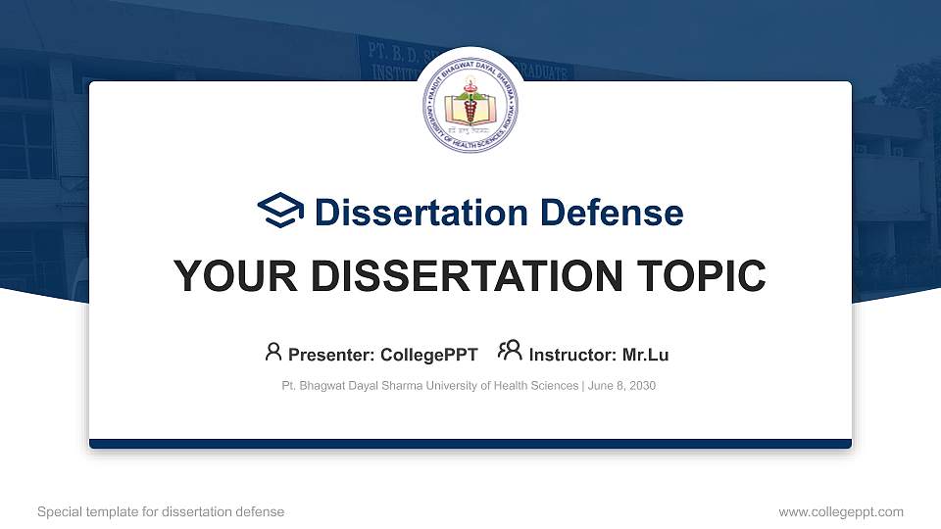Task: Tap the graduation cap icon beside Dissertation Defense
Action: [x=280, y=211]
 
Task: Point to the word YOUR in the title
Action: [x=224, y=277]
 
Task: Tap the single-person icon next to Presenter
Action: [x=273, y=351]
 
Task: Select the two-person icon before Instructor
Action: [x=511, y=351]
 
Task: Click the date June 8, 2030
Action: [x=621, y=386]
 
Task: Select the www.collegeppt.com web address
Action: [x=841, y=511]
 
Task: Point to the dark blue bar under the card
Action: [x=470, y=444]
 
